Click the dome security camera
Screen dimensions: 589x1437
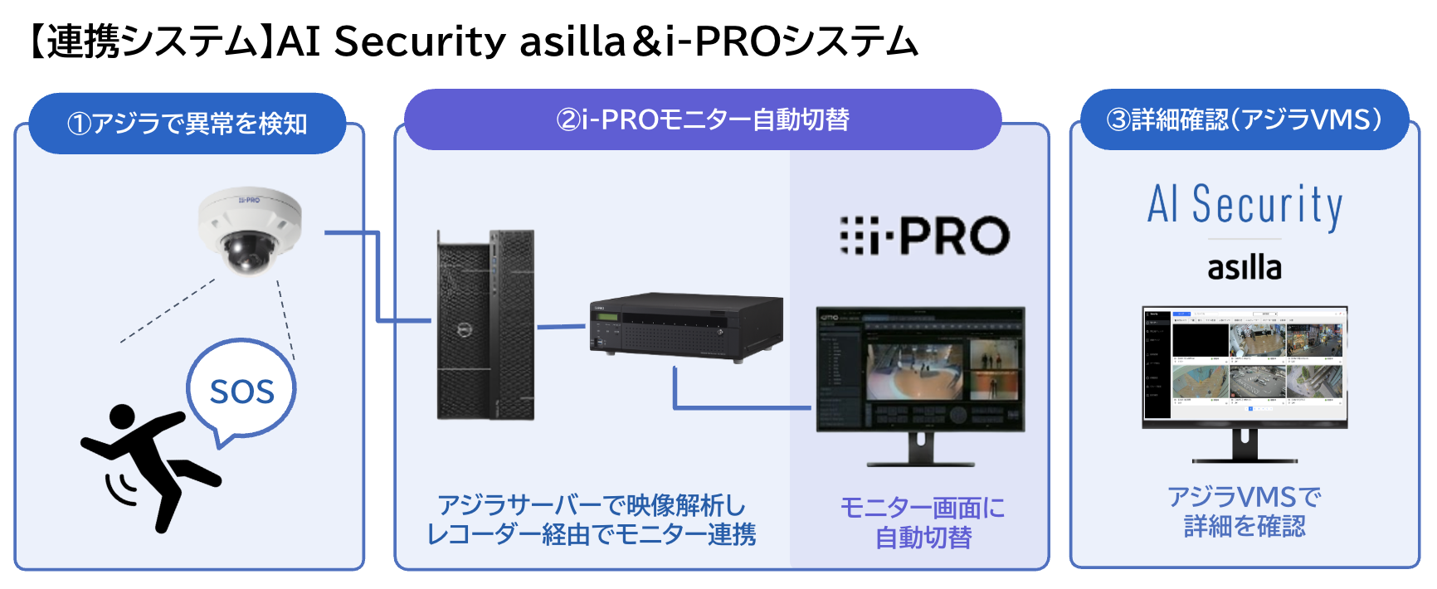[x=249, y=230]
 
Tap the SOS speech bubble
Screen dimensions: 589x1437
[x=241, y=391]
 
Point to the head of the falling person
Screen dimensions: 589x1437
[x=122, y=417]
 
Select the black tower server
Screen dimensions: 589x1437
[x=486, y=324]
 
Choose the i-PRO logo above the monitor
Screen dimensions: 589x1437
[x=924, y=236]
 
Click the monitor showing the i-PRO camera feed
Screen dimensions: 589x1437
[x=920, y=369]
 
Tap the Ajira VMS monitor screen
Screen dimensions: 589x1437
[x=1245, y=366]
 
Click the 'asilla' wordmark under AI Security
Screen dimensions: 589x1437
[x=1244, y=268]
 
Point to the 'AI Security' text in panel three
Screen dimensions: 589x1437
[x=1245, y=205]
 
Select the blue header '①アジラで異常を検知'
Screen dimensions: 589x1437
[x=188, y=124]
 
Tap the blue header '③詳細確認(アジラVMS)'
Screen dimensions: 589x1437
[x=1245, y=120]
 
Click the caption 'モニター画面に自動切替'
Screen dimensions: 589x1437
[x=923, y=523]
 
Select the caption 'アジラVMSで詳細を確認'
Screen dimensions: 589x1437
[x=1245, y=511]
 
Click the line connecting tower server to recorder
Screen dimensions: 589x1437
[x=563, y=326]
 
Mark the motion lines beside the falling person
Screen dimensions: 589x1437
[x=120, y=489]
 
